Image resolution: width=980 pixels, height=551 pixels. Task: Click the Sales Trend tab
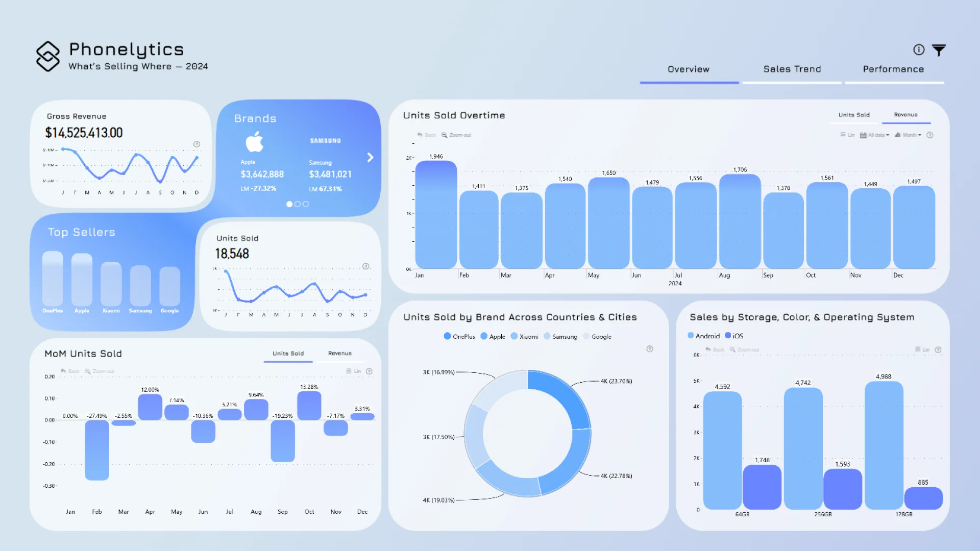pyautogui.click(x=792, y=69)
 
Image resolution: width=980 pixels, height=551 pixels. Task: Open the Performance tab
pyautogui.click(x=893, y=69)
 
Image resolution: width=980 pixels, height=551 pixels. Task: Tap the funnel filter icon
pyautogui.click(x=939, y=50)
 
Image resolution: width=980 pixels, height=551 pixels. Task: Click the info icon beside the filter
pyautogui.click(x=919, y=49)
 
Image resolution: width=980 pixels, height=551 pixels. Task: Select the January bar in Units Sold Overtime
pyautogui.click(x=436, y=215)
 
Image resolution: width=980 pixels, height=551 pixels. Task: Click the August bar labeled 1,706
pyautogui.click(x=740, y=222)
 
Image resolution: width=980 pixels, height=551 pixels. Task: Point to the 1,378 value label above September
pyautogui.click(x=783, y=188)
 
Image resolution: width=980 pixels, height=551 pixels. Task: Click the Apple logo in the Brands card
pyautogui.click(x=254, y=142)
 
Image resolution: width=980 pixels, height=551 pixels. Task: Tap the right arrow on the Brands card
pyautogui.click(x=370, y=158)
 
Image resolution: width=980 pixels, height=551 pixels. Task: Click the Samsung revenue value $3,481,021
pyautogui.click(x=330, y=174)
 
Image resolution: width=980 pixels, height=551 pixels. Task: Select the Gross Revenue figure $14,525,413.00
pyautogui.click(x=84, y=133)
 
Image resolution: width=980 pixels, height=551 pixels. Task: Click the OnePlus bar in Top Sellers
pyautogui.click(x=53, y=279)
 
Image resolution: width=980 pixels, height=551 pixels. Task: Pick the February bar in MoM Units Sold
pyautogui.click(x=97, y=450)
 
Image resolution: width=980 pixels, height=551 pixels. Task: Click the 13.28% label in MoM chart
pyautogui.click(x=309, y=387)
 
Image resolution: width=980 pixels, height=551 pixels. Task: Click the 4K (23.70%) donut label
pyautogui.click(x=616, y=381)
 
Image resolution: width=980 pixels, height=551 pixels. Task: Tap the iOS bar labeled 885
pyautogui.click(x=923, y=498)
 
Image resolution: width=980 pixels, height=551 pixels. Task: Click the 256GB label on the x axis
pyautogui.click(x=823, y=514)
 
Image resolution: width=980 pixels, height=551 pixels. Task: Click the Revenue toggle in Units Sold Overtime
pyautogui.click(x=905, y=115)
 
